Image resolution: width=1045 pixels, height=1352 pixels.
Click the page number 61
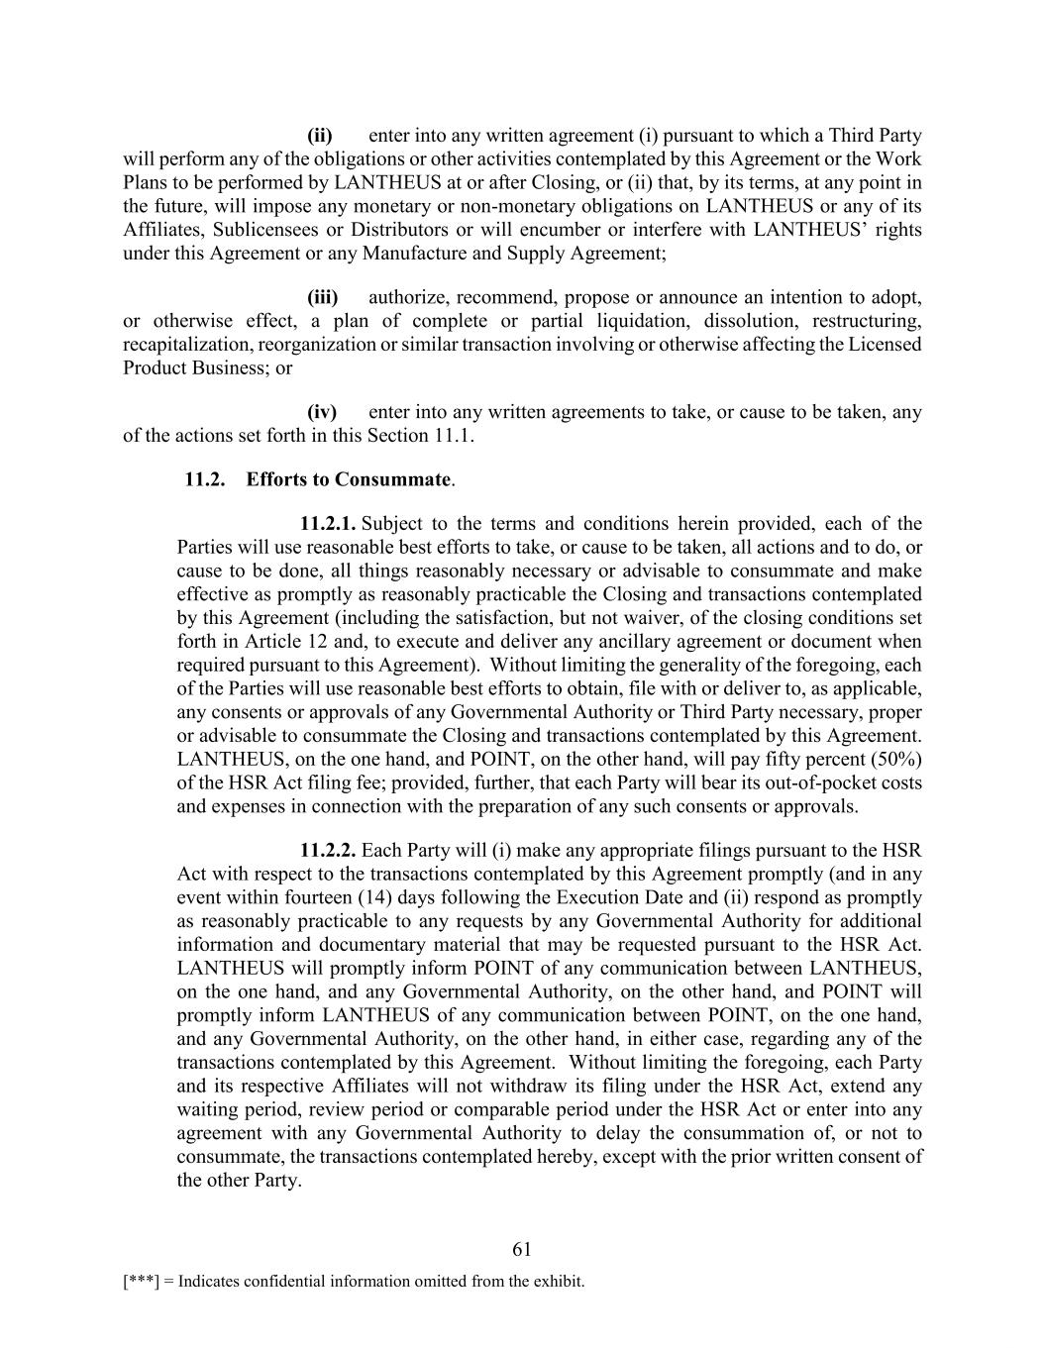522,1249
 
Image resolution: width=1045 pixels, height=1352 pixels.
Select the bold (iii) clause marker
322,297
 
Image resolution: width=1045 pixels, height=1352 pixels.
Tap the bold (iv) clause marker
322,411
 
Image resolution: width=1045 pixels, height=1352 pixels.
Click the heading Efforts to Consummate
349,479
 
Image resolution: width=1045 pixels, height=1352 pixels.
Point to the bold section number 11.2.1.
328,523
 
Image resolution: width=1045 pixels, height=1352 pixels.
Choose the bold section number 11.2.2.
328,850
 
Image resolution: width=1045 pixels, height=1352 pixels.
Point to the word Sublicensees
254,230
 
